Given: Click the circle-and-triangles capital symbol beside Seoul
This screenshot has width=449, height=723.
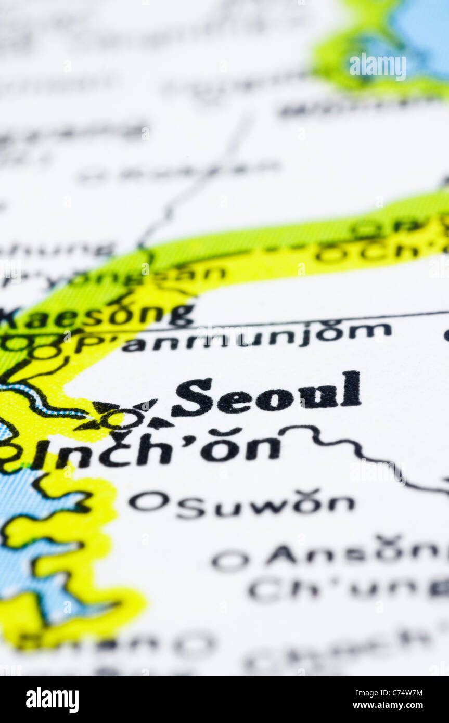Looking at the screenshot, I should tap(123, 418).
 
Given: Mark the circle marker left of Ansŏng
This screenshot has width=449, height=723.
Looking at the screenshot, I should tap(230, 560).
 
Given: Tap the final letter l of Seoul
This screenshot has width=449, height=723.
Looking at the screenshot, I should tap(351, 389).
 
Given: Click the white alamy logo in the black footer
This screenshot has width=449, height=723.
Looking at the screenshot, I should tap(52, 700).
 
